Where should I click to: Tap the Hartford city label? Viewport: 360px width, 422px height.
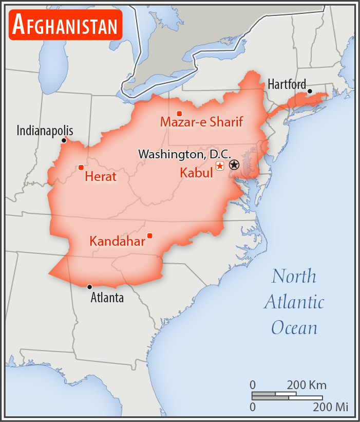tap(287, 84)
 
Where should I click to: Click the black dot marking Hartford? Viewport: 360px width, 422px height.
tap(310, 91)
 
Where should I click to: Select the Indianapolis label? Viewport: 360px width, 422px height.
tap(45, 131)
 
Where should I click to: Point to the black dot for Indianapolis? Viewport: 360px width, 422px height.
tap(64, 140)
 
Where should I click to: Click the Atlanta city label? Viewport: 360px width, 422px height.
tap(107, 297)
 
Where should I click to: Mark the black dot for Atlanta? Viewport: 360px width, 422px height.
tap(89, 287)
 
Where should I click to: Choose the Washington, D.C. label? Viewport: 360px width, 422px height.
tap(184, 154)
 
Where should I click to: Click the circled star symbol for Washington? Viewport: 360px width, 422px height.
tap(234, 165)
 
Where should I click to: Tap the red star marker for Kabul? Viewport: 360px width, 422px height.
tap(220, 166)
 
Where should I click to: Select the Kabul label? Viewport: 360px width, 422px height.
tap(196, 173)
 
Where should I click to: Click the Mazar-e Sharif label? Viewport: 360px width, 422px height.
tap(201, 122)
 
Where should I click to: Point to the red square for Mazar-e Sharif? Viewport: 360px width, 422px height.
tap(179, 113)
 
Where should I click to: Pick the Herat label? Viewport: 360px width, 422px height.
tap(101, 177)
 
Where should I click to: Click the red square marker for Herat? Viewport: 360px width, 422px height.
tap(81, 167)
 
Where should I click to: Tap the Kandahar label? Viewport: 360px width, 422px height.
tap(117, 241)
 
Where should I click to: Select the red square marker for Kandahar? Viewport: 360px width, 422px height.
tap(149, 235)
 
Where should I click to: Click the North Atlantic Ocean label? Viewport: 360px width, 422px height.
tap(294, 302)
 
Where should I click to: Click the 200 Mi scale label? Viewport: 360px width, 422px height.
tap(331, 407)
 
